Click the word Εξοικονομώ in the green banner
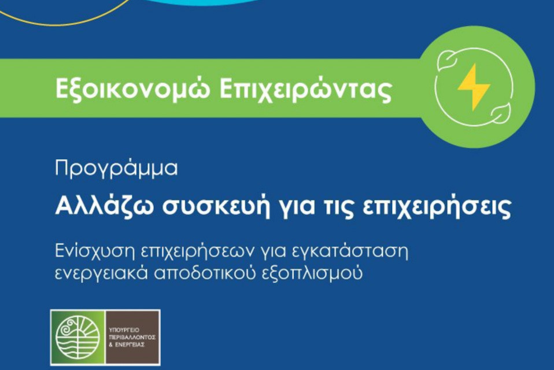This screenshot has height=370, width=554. point(132,89)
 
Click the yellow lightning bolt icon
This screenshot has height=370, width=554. point(474,87)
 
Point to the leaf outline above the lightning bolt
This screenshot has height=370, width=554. point(446,60)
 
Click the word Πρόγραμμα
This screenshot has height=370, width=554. point(116,168)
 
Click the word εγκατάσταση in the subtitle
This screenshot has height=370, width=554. point(351,252)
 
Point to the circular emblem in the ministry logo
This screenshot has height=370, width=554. point(77,337)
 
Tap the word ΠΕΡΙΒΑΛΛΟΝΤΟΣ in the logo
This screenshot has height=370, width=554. point(132,338)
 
